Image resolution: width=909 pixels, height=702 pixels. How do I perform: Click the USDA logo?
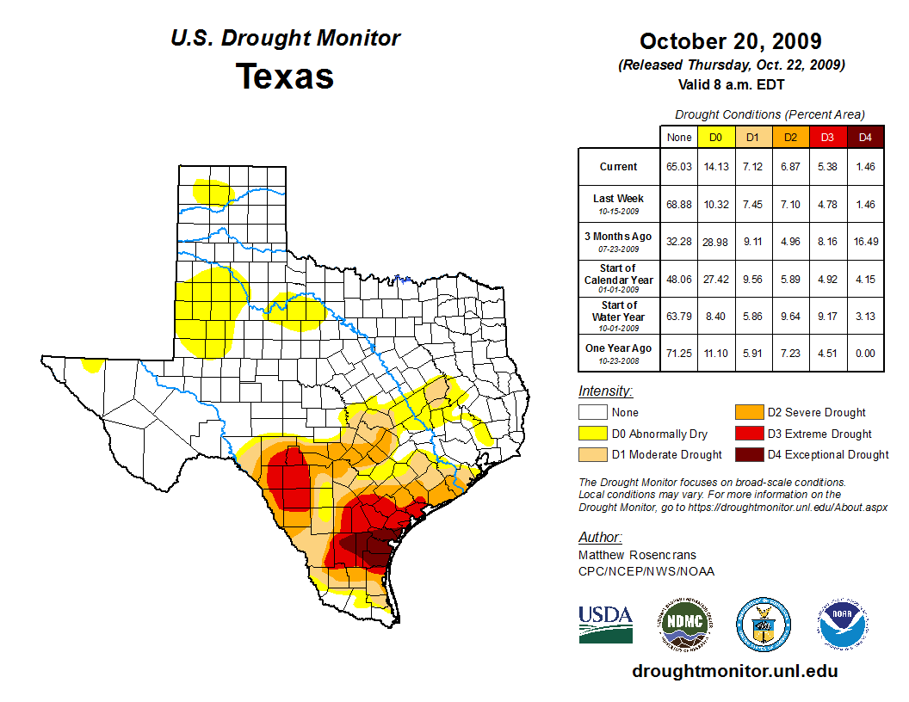point(605,623)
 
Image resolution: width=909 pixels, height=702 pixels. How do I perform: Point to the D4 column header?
point(865,137)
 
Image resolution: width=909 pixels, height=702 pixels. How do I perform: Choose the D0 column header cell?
point(714,137)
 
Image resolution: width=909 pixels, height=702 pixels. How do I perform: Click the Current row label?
point(619,167)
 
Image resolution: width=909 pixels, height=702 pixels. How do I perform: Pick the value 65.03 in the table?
point(679,167)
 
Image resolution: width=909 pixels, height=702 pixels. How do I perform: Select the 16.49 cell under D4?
point(865,242)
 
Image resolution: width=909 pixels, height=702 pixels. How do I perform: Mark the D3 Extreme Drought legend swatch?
point(748,434)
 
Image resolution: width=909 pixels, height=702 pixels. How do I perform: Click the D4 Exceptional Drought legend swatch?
point(748,454)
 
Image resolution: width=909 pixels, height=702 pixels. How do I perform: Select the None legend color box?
point(592,413)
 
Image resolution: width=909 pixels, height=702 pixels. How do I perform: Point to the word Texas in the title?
point(285,76)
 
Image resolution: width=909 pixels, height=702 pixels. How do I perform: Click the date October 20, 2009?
point(730,41)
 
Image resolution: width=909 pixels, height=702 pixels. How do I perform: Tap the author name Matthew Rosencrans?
point(637,555)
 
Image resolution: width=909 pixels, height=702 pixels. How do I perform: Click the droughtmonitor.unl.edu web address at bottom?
point(734,671)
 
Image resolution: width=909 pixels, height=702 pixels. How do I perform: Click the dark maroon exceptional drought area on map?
point(366,547)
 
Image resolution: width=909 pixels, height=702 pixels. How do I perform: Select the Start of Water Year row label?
point(619,311)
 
